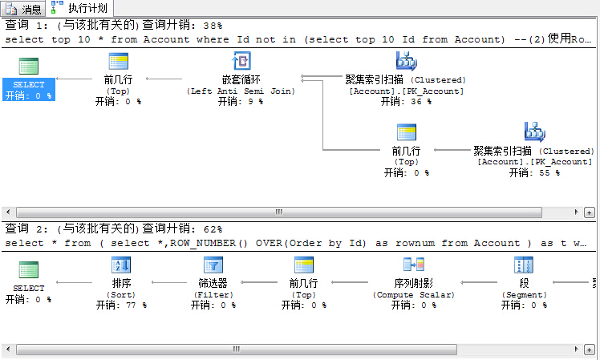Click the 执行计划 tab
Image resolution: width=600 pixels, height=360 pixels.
pos(81,8)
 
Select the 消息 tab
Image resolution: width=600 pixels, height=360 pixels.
pos(23,8)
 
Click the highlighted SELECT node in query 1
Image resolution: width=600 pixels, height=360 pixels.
pos(29,89)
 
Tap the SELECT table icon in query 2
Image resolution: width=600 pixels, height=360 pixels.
pos(29,269)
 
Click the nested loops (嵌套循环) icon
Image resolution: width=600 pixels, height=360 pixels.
pos(241,61)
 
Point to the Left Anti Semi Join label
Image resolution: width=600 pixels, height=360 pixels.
pos(241,91)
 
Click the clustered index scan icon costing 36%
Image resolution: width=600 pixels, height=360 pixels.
pos(407,61)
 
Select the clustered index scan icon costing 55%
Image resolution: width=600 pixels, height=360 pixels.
pos(534,132)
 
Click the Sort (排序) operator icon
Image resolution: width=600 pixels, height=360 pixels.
pos(121,265)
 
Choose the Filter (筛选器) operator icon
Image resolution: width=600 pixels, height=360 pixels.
pos(213,265)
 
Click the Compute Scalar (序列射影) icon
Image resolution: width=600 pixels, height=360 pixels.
pos(414,265)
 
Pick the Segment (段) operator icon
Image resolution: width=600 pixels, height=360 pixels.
pos(524,265)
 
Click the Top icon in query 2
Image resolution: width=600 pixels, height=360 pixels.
pos(304,265)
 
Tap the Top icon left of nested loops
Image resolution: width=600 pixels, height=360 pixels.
pos(119,61)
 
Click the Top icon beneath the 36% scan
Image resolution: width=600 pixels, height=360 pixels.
pos(407,132)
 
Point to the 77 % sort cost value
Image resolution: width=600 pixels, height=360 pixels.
pos(136,305)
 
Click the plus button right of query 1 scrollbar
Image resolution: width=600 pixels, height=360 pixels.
pos(590,212)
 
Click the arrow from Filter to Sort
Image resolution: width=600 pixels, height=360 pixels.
pos(169,282)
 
